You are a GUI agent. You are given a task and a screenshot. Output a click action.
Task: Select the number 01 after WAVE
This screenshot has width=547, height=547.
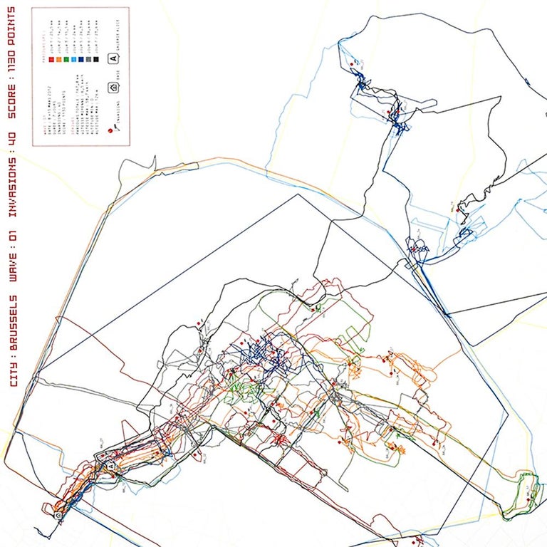pyautogui.click(x=14, y=237)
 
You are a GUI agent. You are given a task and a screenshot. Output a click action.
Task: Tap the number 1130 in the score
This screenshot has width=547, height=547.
pyautogui.click(x=14, y=57)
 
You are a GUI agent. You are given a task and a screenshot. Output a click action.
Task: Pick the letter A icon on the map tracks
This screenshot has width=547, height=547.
pyautogui.click(x=110, y=464)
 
